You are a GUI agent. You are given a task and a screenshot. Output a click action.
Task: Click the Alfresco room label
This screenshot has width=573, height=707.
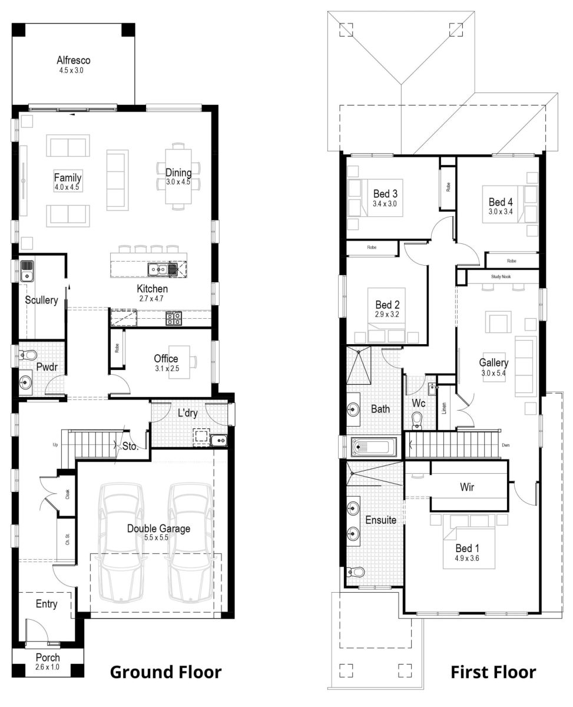pyautogui.click(x=74, y=60)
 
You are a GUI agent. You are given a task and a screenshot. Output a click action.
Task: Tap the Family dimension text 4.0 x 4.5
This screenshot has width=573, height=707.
pyautogui.click(x=67, y=187)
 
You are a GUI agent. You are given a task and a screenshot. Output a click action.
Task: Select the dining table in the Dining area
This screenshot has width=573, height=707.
pyautogui.click(x=178, y=175)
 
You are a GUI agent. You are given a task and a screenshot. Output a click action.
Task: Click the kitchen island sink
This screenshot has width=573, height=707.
pyautogui.click(x=158, y=270)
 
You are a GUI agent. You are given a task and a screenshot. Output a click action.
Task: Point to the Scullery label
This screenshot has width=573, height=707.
pyautogui.click(x=41, y=300)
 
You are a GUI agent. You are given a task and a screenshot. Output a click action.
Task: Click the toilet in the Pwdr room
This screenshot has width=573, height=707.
pyautogui.click(x=28, y=355)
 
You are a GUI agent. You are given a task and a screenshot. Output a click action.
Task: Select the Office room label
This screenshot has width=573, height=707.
pyautogui.click(x=166, y=359)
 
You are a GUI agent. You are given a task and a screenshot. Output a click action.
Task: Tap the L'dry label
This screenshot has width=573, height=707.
pyautogui.click(x=187, y=414)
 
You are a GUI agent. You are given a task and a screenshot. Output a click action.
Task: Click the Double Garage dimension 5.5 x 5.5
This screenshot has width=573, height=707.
pyautogui.click(x=158, y=538)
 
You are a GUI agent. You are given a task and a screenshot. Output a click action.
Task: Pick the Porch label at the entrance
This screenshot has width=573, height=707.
pyautogui.click(x=48, y=658)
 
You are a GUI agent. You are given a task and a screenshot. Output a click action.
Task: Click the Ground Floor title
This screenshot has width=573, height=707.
pyautogui.click(x=166, y=672)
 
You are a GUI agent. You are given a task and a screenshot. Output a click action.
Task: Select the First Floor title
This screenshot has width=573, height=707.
pyautogui.click(x=493, y=672)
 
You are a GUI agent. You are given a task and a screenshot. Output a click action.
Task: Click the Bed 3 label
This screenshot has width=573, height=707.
pyautogui.click(x=385, y=193)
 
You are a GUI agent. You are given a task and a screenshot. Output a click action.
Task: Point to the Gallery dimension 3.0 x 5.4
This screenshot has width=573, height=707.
pyautogui.click(x=493, y=372)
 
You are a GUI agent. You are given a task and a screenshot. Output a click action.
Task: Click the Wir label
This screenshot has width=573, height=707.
pyautogui.click(x=467, y=487)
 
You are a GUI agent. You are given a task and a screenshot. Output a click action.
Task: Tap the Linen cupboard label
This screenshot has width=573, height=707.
pyautogui.click(x=444, y=407)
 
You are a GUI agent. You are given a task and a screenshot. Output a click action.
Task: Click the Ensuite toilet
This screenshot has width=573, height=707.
pyautogui.click(x=355, y=571)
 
